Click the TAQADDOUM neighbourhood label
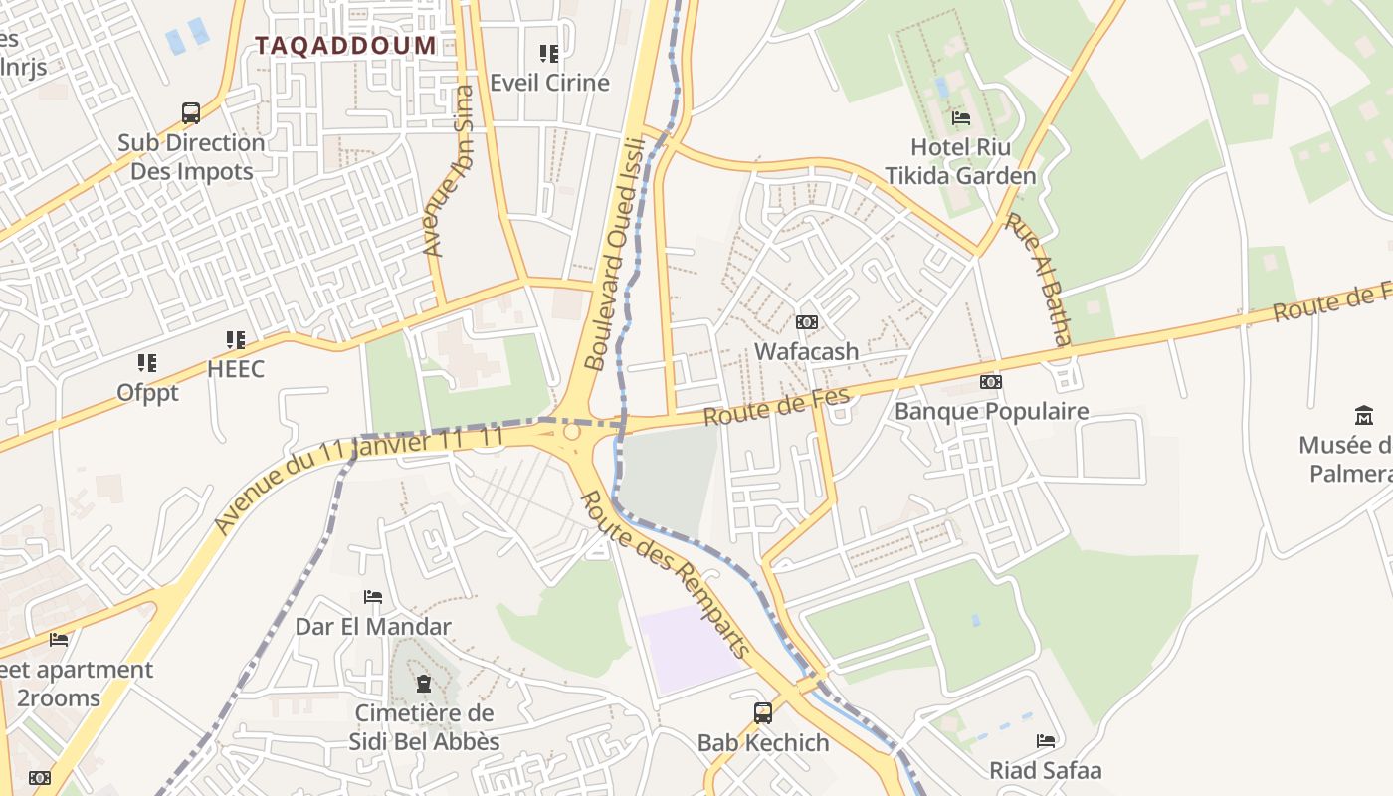[x=345, y=45]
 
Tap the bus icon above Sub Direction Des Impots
[x=191, y=113]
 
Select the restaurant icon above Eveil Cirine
[x=549, y=53]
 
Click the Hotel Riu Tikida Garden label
[x=960, y=162]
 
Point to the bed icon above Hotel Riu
[x=961, y=117]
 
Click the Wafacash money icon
[x=807, y=322]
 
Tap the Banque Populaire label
[x=991, y=411]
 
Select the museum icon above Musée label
[x=1364, y=415]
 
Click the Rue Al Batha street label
[x=1038, y=279]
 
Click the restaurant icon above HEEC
[x=236, y=340]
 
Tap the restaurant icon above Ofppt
[x=147, y=363]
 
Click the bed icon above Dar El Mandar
[x=373, y=597]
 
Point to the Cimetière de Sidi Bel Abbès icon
[x=424, y=684]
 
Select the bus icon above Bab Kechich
[x=763, y=712]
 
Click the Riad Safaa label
[x=1045, y=770]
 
